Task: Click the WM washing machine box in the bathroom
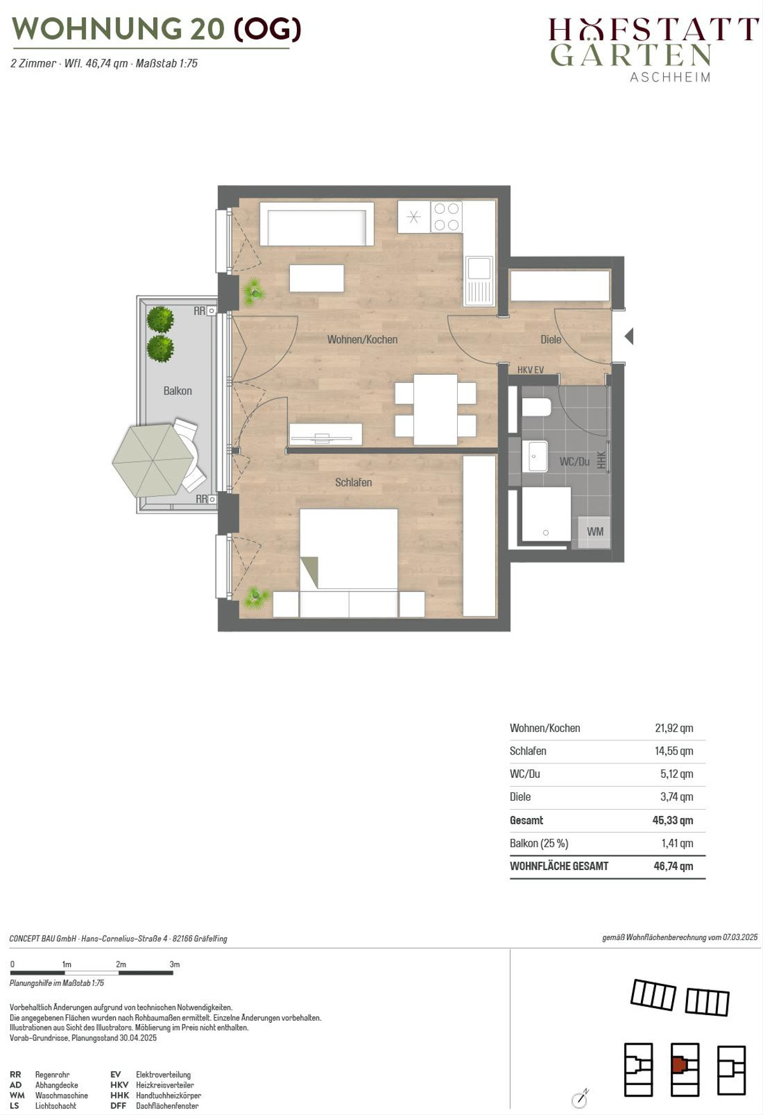click(595, 532)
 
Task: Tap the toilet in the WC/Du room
click(536, 406)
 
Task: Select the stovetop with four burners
click(446, 217)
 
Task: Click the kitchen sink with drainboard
click(479, 280)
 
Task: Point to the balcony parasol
click(153, 460)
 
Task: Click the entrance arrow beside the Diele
click(629, 336)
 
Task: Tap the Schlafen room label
click(354, 483)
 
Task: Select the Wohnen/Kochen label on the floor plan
click(362, 340)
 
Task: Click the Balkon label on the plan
click(177, 391)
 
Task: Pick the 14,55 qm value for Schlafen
click(674, 751)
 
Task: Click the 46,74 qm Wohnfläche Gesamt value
click(673, 866)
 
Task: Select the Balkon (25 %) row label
click(539, 843)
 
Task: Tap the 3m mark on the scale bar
click(174, 964)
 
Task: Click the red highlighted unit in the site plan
click(680, 1063)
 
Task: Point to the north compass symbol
click(580, 1098)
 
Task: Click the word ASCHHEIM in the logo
click(670, 77)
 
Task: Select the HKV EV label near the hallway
click(530, 370)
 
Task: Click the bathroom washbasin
click(535, 457)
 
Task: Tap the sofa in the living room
click(317, 224)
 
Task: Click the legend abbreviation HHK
click(120, 1095)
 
